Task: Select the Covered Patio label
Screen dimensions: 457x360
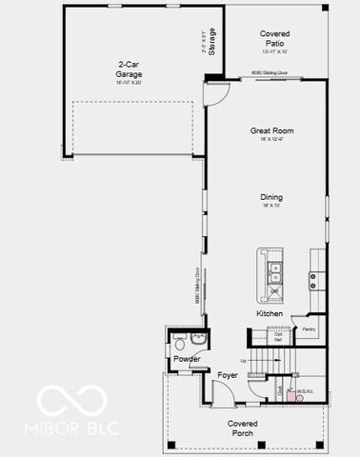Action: click(274, 39)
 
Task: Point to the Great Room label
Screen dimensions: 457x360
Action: click(271, 130)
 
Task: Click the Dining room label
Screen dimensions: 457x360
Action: click(271, 198)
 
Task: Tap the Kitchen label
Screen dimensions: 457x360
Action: click(270, 313)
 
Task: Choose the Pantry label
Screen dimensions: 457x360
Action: click(309, 329)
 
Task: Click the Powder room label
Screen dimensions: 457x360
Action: click(187, 358)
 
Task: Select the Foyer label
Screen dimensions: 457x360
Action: click(227, 375)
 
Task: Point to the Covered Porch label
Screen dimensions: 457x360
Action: click(243, 427)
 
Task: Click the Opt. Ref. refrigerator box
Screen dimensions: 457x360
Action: click(279, 336)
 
